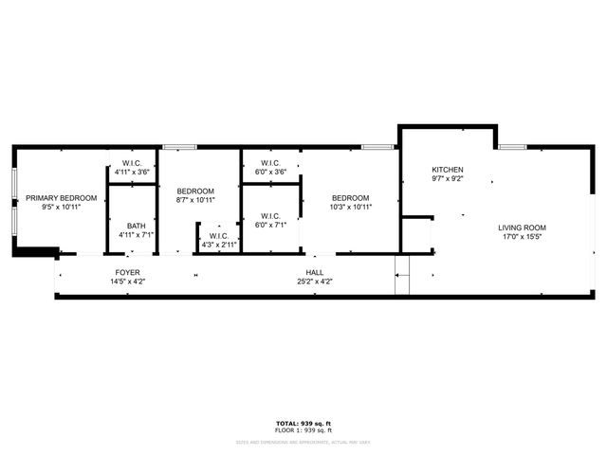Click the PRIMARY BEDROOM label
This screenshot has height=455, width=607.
pyautogui.click(x=62, y=198)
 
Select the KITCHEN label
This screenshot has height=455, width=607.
pyautogui.click(x=447, y=170)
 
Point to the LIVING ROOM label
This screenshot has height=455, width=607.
pyautogui.click(x=523, y=227)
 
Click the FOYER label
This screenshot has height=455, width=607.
pyautogui.click(x=127, y=272)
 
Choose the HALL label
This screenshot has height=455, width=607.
pyautogui.click(x=314, y=272)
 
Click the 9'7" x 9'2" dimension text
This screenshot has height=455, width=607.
pyautogui.click(x=447, y=178)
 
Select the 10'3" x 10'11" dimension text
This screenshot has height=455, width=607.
pyautogui.click(x=351, y=207)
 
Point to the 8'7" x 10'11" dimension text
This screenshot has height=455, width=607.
pyautogui.click(x=195, y=200)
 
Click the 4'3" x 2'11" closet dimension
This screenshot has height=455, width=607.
pyautogui.click(x=218, y=245)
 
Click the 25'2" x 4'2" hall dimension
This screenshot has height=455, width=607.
pyautogui.click(x=314, y=282)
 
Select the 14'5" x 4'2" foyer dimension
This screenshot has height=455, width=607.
pyautogui.click(x=127, y=282)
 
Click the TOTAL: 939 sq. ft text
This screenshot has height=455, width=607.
pyautogui.click(x=303, y=423)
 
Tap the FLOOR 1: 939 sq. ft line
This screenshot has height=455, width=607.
pyautogui.click(x=303, y=430)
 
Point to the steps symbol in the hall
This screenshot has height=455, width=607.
pyautogui.click(x=401, y=274)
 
